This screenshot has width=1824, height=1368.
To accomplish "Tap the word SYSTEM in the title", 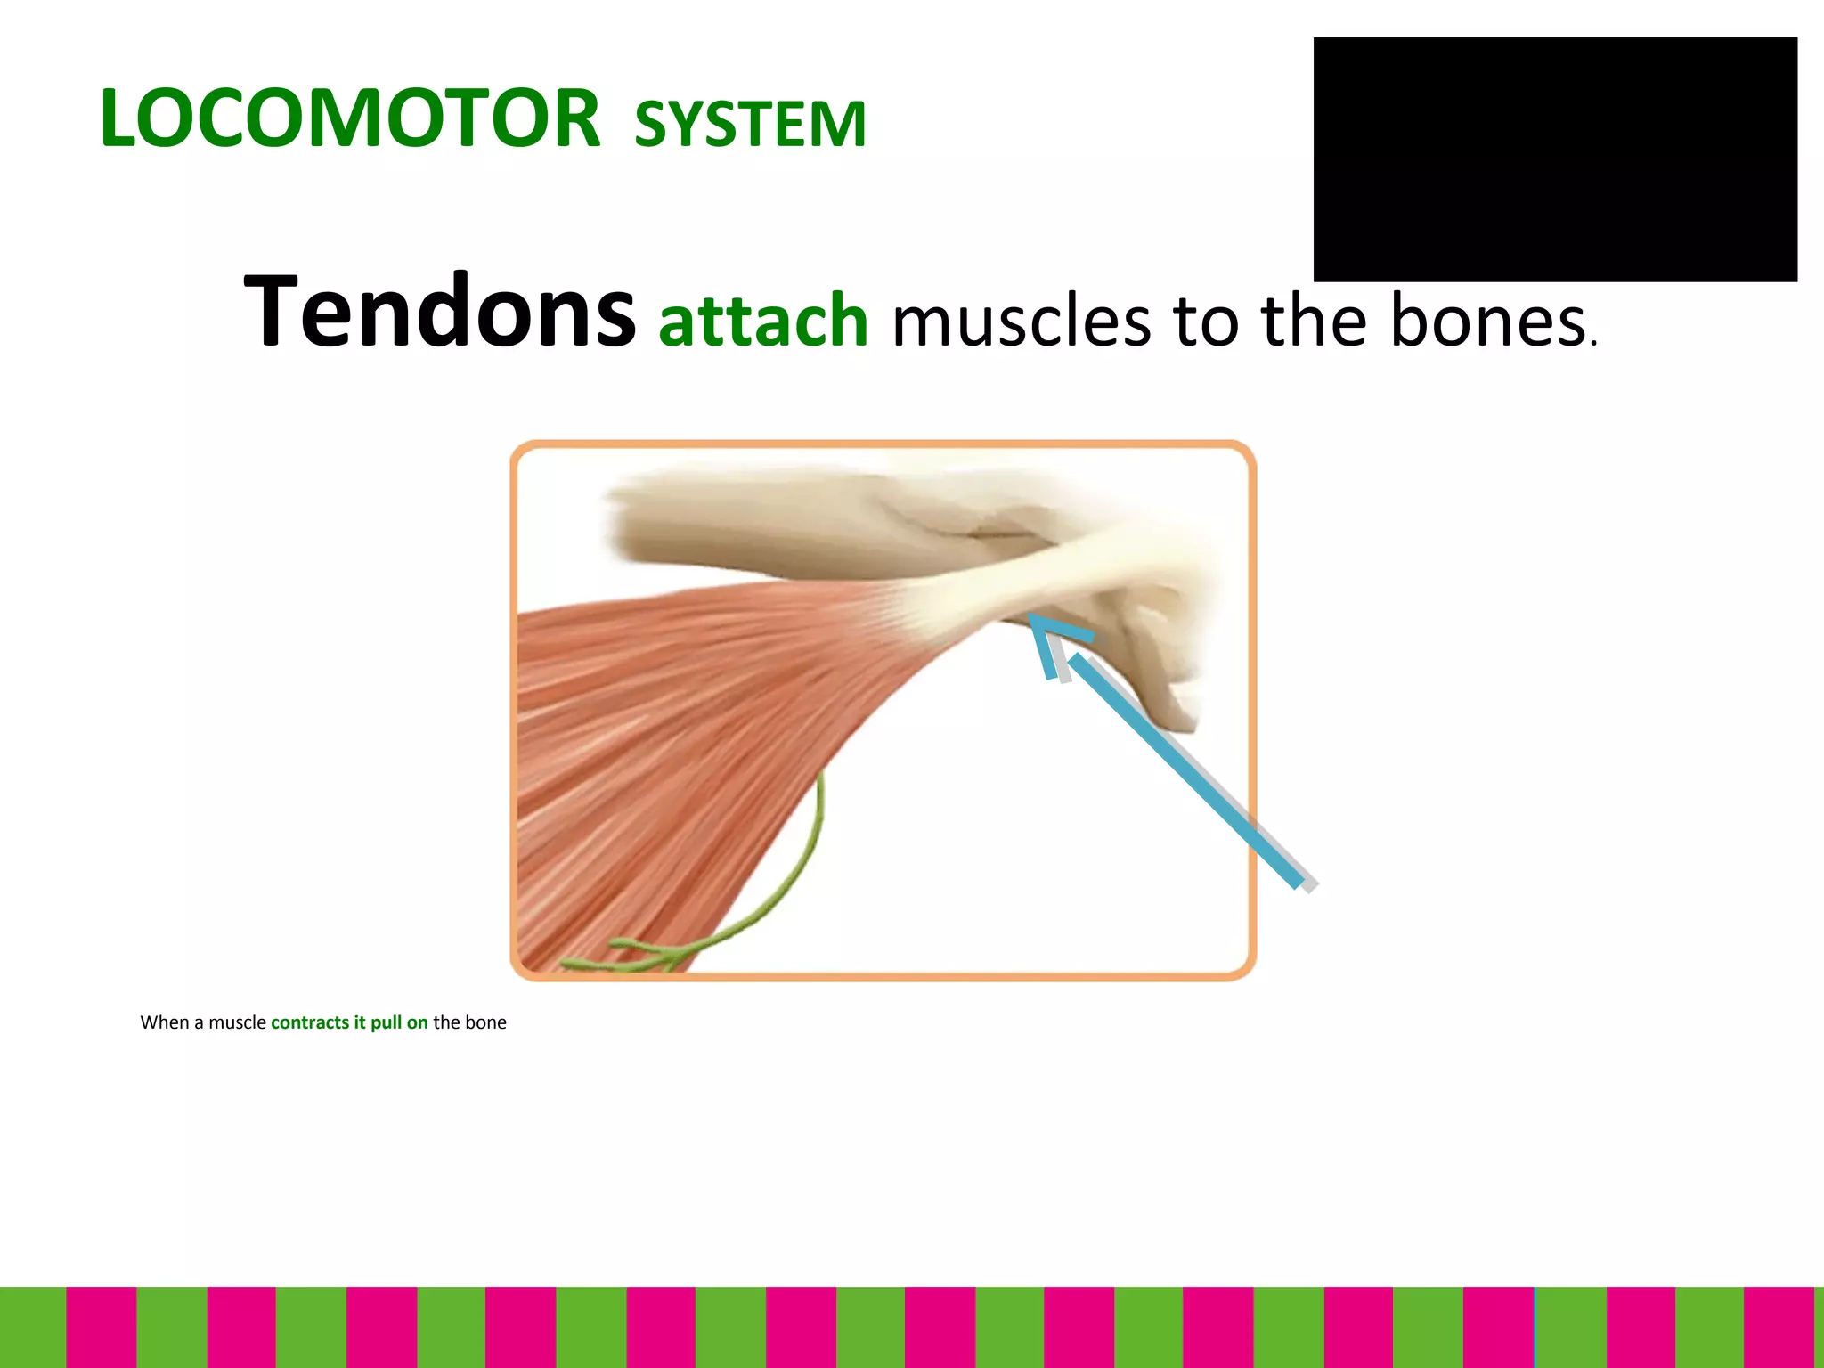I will click(x=750, y=124).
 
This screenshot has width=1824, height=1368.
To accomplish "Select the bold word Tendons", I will click(x=440, y=312).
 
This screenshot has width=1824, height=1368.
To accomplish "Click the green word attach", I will click(x=763, y=321).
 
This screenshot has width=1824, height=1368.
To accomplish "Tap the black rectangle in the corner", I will click(x=1554, y=159).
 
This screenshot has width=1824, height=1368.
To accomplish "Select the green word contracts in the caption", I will click(x=310, y=1022).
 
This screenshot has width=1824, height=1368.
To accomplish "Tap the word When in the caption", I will click(x=165, y=1022).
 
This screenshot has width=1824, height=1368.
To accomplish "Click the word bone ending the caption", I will click(x=485, y=1022).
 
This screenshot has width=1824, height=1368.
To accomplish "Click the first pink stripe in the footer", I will click(x=101, y=1327).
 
